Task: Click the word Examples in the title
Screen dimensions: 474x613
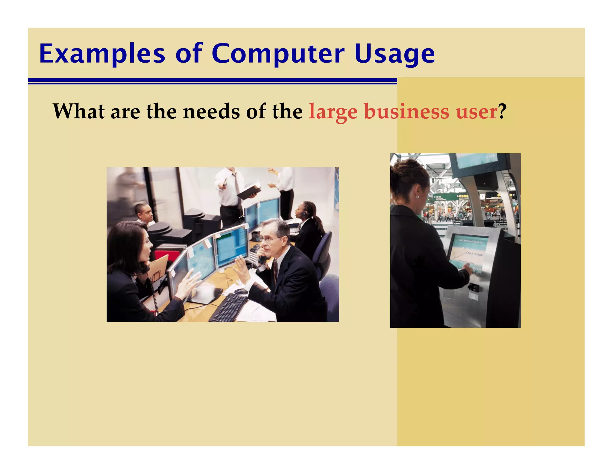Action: tap(102, 54)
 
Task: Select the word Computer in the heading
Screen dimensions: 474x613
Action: tap(278, 54)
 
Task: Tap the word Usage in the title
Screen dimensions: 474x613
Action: tap(394, 55)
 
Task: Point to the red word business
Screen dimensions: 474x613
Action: tap(406, 111)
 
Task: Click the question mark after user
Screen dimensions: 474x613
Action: tap(502, 111)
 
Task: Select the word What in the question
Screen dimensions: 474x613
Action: tap(79, 111)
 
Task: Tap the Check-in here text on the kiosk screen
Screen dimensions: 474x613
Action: tap(474, 254)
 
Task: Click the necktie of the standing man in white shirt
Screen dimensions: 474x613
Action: tap(238, 186)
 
